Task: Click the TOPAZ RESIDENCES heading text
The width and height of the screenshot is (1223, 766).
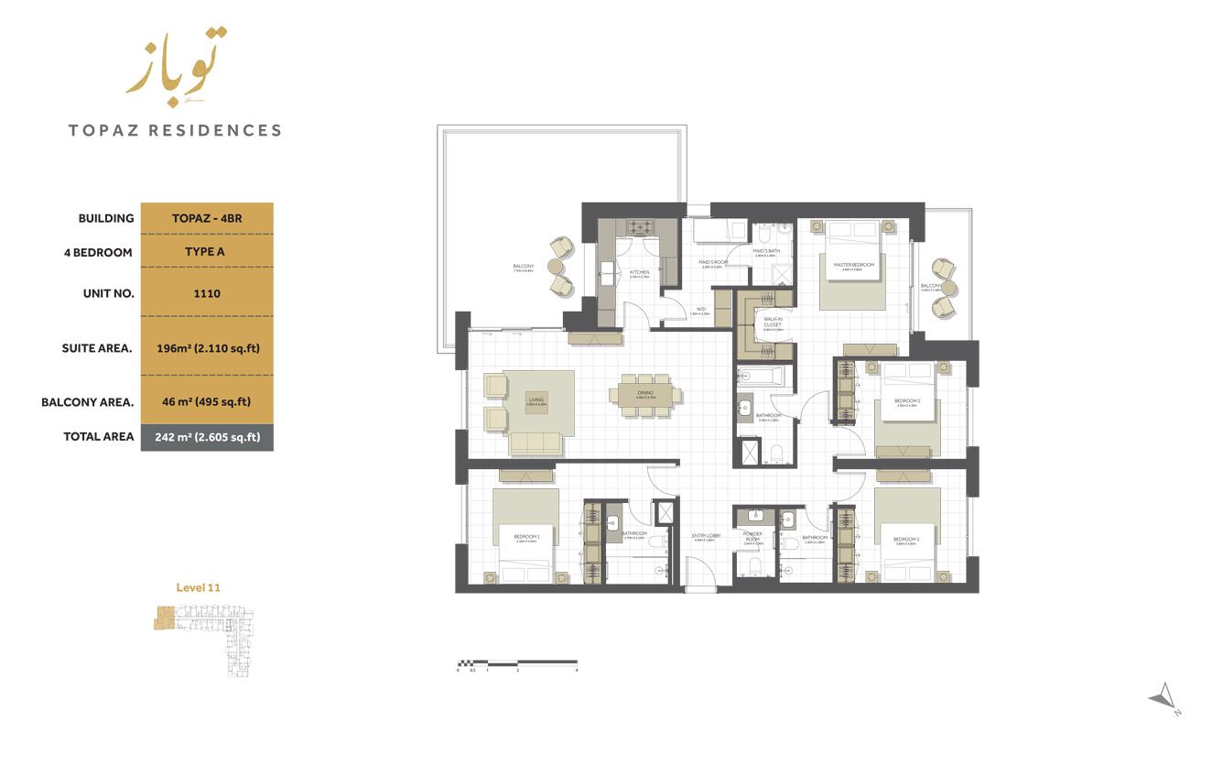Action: [x=175, y=130]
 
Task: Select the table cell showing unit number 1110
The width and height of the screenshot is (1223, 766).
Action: [x=206, y=293]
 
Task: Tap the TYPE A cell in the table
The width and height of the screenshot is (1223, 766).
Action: [x=206, y=252]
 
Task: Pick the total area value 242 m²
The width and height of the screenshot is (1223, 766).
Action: [x=207, y=437]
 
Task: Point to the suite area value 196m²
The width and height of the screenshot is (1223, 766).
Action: [x=206, y=347]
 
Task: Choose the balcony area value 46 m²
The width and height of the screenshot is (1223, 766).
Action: [x=206, y=401]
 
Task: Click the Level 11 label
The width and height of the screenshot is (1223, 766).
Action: [x=198, y=587]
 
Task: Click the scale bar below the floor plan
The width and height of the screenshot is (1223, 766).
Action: [x=517, y=662]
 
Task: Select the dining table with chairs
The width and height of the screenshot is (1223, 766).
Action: [x=646, y=395]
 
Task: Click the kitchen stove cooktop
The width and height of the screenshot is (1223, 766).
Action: [x=639, y=226]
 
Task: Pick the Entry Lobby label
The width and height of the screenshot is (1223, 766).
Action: [x=706, y=537]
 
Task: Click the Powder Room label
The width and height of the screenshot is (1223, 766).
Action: [x=752, y=537]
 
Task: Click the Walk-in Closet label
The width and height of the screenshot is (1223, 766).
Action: [x=773, y=323]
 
